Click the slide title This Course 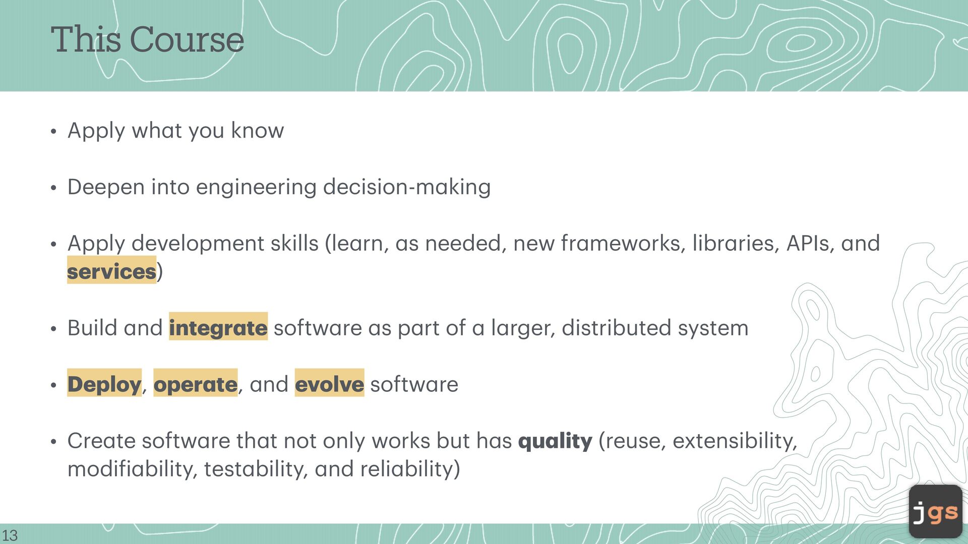point(147,39)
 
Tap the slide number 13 point(10,535)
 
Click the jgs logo point(936,511)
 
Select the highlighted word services point(111,271)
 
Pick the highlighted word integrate point(218,328)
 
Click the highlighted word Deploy point(104,384)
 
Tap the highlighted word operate point(195,384)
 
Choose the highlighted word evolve point(329,384)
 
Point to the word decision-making point(407,187)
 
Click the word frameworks point(623,243)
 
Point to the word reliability point(407,469)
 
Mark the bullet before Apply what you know point(53,132)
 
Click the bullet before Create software point(53,442)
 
